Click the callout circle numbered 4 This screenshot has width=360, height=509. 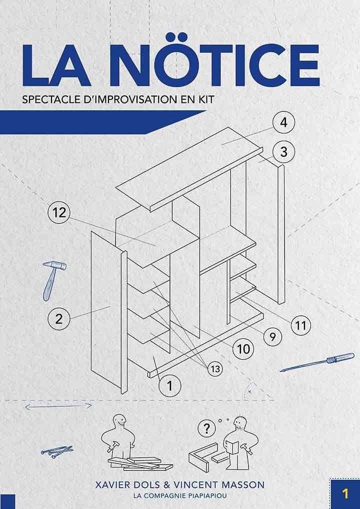pos(283,123)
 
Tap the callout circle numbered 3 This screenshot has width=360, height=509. pos(283,152)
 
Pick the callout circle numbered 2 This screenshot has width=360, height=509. pos(59,319)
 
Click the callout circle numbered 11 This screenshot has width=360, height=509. pos(301,325)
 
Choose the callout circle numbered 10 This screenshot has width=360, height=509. pos(243,349)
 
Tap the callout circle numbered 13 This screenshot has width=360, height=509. pos(215,369)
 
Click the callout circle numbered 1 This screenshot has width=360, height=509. pos(169,386)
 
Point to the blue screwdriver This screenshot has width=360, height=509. pos(317,362)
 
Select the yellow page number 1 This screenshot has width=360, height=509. pos(345,493)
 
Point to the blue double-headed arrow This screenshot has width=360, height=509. pos(59,406)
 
